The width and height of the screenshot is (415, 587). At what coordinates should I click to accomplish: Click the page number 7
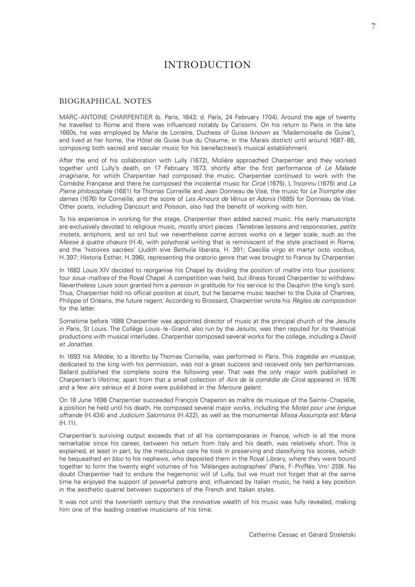click(x=373, y=27)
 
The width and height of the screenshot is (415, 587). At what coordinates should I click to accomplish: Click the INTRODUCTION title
click(x=207, y=65)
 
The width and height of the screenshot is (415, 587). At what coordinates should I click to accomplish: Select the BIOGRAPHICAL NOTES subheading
click(x=105, y=101)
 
